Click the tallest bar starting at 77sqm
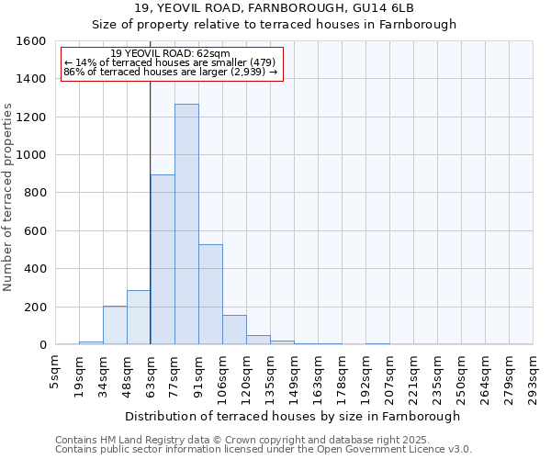point(186,224)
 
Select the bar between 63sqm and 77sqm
point(163,260)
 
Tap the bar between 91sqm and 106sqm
point(210,294)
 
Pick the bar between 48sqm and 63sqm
point(139,317)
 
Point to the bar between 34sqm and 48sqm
point(115,325)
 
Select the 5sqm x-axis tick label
point(55,372)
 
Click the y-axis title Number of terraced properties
point(9,196)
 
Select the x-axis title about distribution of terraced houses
point(293,416)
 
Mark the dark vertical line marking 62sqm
point(150,211)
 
